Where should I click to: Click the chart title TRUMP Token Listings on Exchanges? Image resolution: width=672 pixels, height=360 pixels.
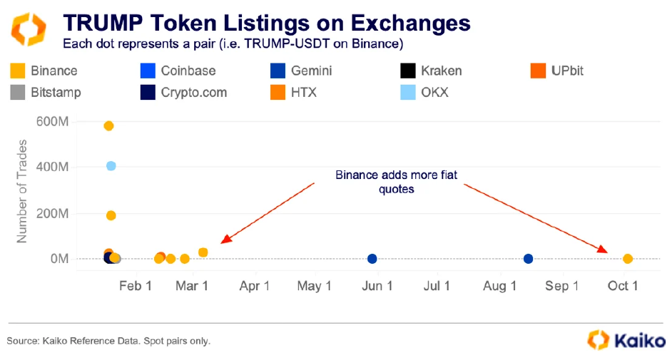[x=267, y=22]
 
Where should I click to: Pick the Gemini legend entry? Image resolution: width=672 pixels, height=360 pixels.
[x=302, y=71]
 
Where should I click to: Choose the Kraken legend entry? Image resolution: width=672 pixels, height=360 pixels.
[x=432, y=71]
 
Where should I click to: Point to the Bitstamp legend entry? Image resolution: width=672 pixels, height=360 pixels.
[x=46, y=92]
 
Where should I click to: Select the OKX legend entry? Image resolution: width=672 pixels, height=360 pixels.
[x=425, y=92]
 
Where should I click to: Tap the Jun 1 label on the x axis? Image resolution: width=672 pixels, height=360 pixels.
[x=377, y=286]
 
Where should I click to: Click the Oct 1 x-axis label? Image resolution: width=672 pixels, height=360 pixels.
[x=623, y=286]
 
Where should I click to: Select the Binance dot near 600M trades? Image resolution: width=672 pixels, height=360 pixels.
[x=108, y=126]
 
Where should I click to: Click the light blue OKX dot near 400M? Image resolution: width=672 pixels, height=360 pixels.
[x=111, y=166]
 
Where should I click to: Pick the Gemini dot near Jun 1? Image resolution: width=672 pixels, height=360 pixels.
[x=372, y=259]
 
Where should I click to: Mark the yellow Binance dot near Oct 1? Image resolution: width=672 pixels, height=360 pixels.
[x=628, y=259]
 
